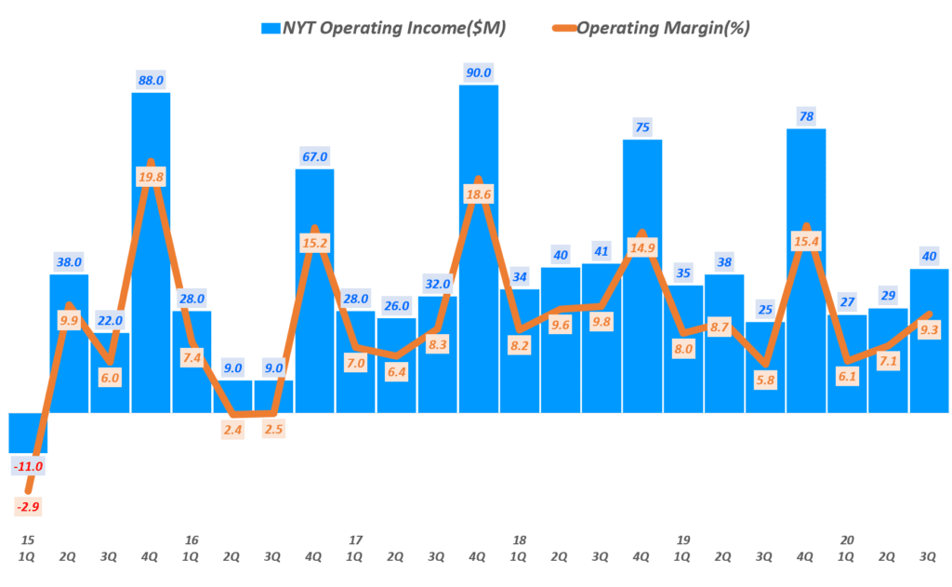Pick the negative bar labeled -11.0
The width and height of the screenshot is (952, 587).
point(28,432)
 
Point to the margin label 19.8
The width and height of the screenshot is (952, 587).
point(151,179)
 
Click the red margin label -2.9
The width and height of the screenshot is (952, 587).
point(28,507)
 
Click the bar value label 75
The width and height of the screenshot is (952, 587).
point(641,127)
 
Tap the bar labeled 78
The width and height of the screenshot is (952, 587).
point(805,279)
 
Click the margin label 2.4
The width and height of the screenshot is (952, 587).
point(232,432)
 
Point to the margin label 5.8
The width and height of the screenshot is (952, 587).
point(764,380)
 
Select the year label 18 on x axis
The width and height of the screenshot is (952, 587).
point(519,540)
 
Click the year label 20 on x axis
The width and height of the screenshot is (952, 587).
point(846,540)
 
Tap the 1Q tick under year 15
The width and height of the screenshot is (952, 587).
point(28,556)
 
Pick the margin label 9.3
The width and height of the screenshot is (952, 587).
point(928,328)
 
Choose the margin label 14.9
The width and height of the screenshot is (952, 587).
point(641,247)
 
